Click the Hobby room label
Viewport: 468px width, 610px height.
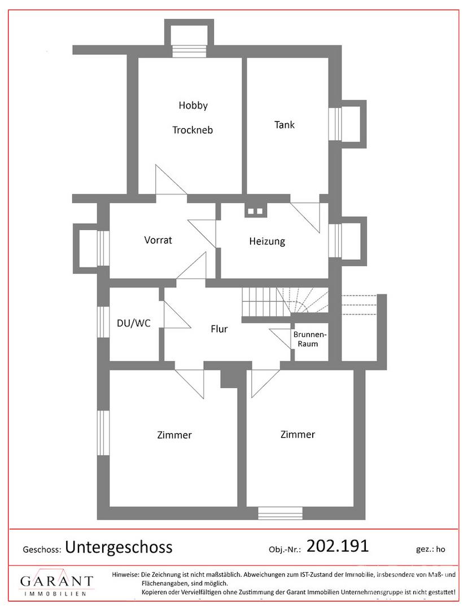coord(193,105)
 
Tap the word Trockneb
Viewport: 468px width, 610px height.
coord(193,130)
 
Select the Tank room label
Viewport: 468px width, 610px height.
coord(285,125)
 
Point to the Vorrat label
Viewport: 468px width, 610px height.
coord(158,240)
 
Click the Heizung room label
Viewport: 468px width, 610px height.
coord(267,242)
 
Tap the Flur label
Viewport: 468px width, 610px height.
coord(219,329)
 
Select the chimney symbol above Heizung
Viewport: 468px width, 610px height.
coord(255,211)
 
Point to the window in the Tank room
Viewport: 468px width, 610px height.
coord(336,123)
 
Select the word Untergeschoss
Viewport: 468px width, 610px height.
coord(119,547)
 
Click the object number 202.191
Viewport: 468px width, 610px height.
coord(337,546)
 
